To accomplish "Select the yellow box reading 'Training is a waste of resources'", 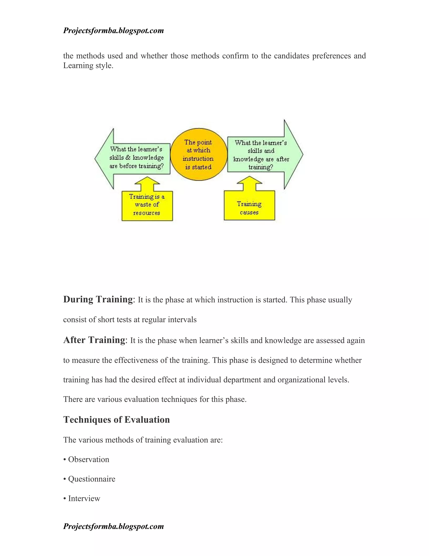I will pyautogui.click(x=147, y=205).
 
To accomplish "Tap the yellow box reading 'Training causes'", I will pyautogui.click(x=249, y=208).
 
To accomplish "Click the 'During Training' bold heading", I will pyautogui.click(x=98, y=299).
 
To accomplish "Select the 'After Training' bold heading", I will pyautogui.click(x=94, y=340).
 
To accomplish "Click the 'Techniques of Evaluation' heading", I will pyautogui.click(x=116, y=420).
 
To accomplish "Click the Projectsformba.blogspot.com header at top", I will pyautogui.click(x=113, y=31).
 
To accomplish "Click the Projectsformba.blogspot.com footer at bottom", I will pyautogui.click(x=113, y=526).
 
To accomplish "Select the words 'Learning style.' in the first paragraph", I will pyautogui.click(x=88, y=66).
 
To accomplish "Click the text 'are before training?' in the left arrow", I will pyautogui.click(x=137, y=166).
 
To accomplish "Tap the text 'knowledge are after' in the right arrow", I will pyautogui.click(x=261, y=159).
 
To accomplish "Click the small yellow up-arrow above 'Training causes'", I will pyautogui.click(x=249, y=183).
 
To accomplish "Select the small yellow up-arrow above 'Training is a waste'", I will pyautogui.click(x=147, y=183).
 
